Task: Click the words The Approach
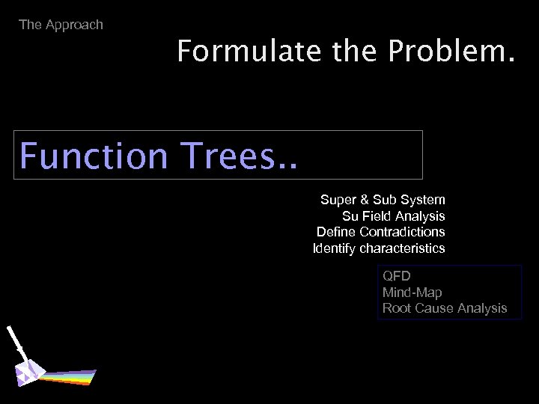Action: click(x=61, y=25)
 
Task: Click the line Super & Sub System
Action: click(x=383, y=200)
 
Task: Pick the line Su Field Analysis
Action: click(x=393, y=216)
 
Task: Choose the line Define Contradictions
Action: click(x=380, y=232)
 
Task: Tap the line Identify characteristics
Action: click(x=378, y=248)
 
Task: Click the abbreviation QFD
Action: click(x=396, y=276)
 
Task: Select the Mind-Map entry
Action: click(x=412, y=292)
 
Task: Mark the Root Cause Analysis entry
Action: click(x=444, y=307)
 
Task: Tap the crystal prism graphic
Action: click(x=31, y=373)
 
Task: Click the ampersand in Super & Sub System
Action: click(x=364, y=200)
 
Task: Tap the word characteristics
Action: click(x=402, y=248)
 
